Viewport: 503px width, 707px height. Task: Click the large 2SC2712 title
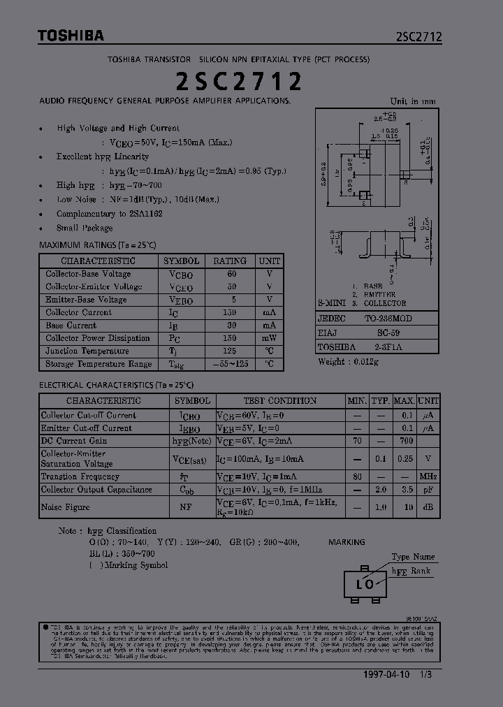238,82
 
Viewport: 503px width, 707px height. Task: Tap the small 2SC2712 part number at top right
418,38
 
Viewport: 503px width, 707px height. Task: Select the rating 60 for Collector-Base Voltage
231,274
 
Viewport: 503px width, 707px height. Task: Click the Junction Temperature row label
87,351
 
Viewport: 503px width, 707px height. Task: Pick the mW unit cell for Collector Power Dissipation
270,338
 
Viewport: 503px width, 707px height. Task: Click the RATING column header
231,261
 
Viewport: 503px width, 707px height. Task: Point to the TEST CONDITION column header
279,401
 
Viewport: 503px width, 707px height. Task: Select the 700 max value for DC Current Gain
404,441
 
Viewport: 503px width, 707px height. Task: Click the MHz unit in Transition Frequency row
428,476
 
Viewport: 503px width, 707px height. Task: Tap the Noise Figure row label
66,507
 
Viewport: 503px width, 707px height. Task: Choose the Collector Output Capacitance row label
96,490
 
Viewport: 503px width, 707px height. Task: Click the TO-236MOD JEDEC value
388,319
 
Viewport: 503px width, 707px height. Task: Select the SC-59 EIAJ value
388,333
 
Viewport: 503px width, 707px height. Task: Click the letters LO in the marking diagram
365,584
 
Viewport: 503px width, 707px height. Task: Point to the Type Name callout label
413,557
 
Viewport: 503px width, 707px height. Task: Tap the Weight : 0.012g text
349,361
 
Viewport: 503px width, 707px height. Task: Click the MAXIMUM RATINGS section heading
97,245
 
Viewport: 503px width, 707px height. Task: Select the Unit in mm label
412,101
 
